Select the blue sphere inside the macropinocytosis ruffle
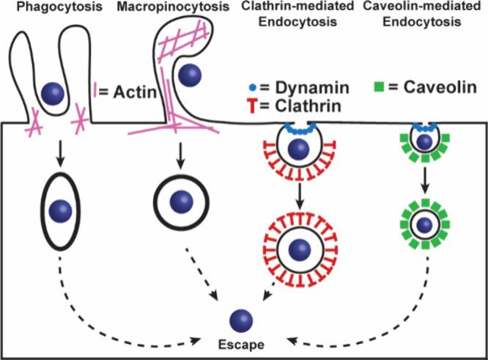coord(191,74)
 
